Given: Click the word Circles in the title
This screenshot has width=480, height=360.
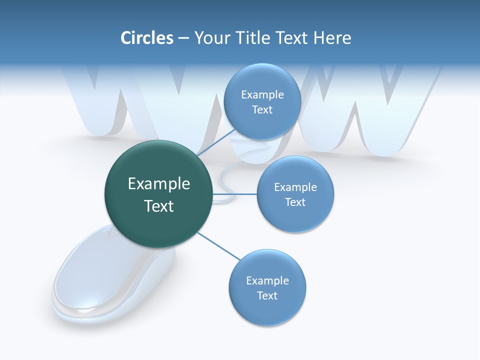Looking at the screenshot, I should pyautogui.click(x=146, y=38).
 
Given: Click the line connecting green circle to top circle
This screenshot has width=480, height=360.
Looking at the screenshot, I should pyautogui.click(x=216, y=141).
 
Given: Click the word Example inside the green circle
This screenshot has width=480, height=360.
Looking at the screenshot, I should pyautogui.click(x=158, y=184).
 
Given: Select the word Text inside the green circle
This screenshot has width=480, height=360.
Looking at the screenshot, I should pyautogui.click(x=158, y=206).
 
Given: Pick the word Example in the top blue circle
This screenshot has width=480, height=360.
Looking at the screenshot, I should pyautogui.click(x=262, y=95).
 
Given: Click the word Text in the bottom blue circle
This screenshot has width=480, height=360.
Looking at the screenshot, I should pyautogui.click(x=267, y=295).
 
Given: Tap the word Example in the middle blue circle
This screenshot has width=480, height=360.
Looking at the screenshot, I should pyautogui.click(x=295, y=187).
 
